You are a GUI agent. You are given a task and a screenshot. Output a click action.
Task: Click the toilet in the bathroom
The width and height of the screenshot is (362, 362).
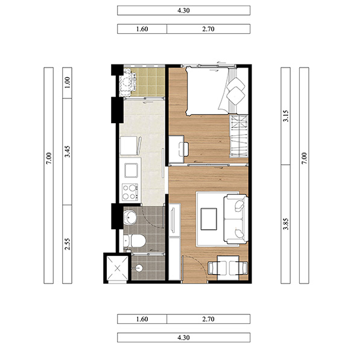(135, 241)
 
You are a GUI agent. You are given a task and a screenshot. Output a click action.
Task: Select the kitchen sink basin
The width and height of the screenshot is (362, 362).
(132, 170)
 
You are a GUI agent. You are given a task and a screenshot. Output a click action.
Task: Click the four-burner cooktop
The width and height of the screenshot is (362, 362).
(130, 192)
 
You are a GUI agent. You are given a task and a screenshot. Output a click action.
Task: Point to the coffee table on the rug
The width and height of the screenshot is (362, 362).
(209, 219)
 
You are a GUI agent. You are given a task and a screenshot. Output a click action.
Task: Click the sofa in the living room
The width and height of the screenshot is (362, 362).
(235, 219)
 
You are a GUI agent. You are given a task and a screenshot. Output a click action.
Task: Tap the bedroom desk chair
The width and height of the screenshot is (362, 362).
(184, 149)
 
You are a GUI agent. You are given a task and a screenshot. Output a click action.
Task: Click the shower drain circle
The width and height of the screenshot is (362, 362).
(139, 268)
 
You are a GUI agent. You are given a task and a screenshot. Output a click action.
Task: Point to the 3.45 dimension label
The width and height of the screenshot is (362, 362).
(67, 151)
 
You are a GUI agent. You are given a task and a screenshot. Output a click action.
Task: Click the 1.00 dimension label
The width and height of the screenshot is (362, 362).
(67, 83)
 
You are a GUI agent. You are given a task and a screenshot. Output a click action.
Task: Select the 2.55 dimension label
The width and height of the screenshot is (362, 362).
(67, 244)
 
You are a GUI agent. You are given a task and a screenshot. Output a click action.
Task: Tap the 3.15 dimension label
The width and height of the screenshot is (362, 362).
(286, 116)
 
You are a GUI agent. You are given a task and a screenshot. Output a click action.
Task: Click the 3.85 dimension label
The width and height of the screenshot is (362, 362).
(286, 224)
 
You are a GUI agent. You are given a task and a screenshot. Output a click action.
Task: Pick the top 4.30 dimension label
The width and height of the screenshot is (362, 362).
(183, 10)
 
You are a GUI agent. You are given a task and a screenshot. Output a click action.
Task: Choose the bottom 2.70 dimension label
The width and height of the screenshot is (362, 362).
(208, 319)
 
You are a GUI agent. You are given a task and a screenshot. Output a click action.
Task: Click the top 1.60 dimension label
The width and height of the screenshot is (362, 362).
(142, 29)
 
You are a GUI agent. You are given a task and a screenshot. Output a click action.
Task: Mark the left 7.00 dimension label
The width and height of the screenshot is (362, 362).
(49, 158)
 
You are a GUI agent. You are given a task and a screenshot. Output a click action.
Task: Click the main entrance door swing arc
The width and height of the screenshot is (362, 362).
(199, 262)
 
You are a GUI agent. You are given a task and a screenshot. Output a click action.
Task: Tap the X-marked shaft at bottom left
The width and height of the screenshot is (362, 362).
(118, 268)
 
